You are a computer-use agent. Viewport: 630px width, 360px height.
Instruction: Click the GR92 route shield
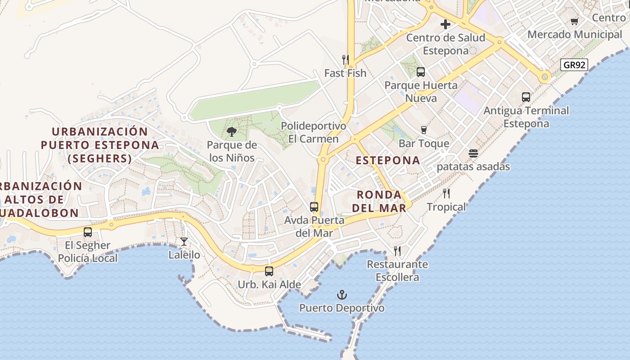point(575,65)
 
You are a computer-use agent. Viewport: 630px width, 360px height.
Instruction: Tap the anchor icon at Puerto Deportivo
point(342,295)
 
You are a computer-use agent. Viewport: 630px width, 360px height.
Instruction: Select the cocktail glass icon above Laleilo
point(184,242)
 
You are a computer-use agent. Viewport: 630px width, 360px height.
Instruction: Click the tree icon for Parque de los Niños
point(232,132)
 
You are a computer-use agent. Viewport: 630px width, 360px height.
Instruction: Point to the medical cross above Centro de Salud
point(445,24)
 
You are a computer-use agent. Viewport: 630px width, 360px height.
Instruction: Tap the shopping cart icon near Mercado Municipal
point(575,21)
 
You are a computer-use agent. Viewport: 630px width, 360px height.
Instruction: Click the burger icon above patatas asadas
point(473,153)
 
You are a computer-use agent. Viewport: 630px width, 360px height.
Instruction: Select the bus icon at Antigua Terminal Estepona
point(526,97)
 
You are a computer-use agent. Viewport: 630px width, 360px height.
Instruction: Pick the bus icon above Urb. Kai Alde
point(269,271)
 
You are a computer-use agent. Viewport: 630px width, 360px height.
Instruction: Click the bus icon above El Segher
point(88,232)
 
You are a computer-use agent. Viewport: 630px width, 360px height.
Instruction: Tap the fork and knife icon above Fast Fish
point(346,59)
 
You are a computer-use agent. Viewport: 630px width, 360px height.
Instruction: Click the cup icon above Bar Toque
point(423,130)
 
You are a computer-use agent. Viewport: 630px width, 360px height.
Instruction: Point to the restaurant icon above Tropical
point(446,193)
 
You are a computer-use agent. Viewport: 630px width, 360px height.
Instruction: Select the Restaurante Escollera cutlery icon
point(397,251)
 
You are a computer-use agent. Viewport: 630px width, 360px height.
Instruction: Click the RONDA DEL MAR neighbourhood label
point(379,201)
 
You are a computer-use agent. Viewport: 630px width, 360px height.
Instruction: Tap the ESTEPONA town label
point(388,160)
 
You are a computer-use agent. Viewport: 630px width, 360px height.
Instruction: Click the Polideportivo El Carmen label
point(313,132)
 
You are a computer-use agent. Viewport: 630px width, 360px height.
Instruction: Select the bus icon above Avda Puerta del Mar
point(314,207)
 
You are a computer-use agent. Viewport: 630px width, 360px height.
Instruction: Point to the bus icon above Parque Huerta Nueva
point(421,72)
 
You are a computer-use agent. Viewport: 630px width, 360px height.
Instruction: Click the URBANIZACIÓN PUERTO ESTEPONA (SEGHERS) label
point(100,145)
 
